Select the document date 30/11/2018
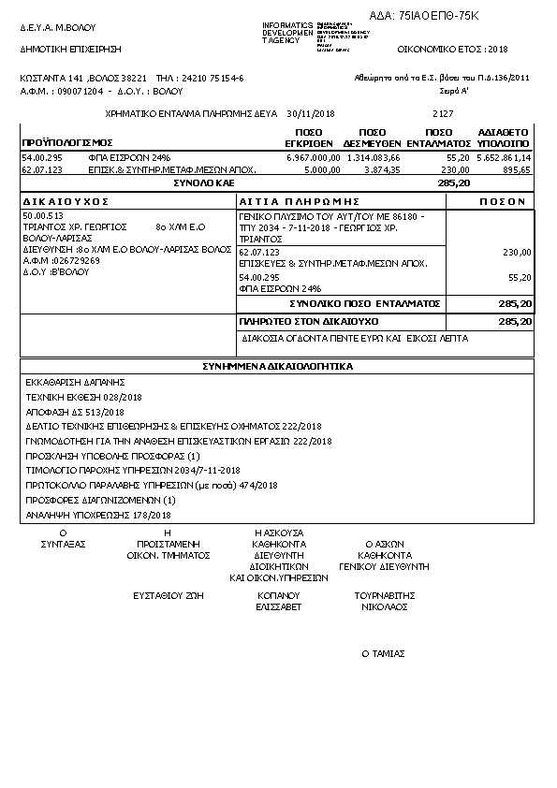pyautogui.click(x=311, y=113)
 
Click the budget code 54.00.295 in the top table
pyautogui.click(x=41, y=158)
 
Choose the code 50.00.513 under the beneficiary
pyautogui.click(x=41, y=216)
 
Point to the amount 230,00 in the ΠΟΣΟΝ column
pyautogui.click(x=517, y=253)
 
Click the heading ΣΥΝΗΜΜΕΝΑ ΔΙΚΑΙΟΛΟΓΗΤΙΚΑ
pyautogui.click(x=277, y=367)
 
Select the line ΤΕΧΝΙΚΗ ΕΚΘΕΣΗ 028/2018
pyautogui.click(x=73, y=397)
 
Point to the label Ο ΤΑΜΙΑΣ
pyautogui.click(x=381, y=654)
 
